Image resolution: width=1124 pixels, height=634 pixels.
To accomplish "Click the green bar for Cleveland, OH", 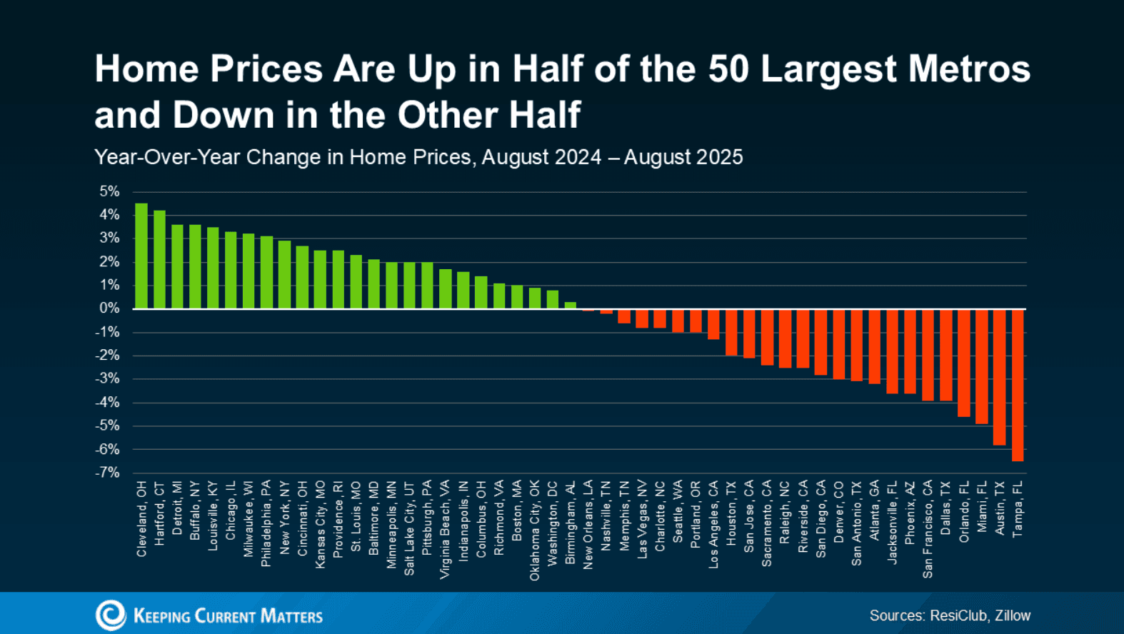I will coord(141,256).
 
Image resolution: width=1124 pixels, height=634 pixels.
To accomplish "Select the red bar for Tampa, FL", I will coord(1018,385).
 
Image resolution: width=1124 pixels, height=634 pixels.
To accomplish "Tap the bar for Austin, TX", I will coord(1000,377).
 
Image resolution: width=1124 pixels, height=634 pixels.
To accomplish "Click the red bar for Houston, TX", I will coord(731,332).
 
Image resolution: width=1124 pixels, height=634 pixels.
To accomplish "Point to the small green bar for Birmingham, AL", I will coord(570,306).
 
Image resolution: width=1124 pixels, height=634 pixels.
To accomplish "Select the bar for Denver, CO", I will coord(839,343).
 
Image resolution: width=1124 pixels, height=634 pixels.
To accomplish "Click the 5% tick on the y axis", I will coord(109,191).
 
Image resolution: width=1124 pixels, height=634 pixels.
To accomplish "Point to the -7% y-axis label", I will coord(108,473).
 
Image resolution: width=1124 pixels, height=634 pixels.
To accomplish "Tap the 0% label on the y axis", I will coord(109,308).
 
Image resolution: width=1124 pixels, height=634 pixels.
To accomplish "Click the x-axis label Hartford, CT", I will coord(159,514).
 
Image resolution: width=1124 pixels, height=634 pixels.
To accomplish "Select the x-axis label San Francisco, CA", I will coord(928,529).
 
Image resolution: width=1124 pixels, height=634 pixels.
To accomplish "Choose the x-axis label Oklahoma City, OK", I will coord(535,530).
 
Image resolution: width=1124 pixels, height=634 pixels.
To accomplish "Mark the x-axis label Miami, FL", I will coord(982,506).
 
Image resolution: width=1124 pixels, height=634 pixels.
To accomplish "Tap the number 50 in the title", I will coord(728,69).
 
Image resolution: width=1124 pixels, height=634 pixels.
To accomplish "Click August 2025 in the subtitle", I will coord(683,157).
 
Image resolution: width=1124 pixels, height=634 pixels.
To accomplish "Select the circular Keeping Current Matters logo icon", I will coord(111,615).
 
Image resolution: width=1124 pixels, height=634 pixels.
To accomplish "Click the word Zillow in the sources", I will coord(1013,615).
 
